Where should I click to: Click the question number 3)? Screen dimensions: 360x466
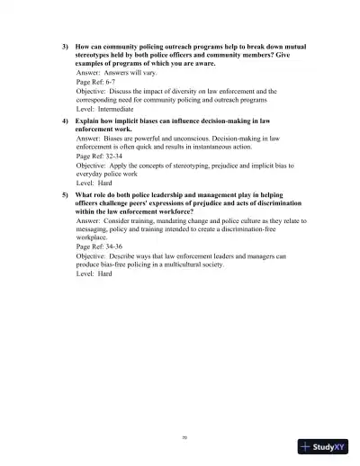click(x=65, y=45)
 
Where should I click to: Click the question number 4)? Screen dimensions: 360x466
click(x=65, y=120)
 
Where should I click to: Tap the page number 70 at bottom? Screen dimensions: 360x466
click(x=184, y=438)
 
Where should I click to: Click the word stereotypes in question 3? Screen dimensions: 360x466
click(x=96, y=55)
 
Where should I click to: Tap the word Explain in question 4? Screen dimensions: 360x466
click(x=90, y=120)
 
